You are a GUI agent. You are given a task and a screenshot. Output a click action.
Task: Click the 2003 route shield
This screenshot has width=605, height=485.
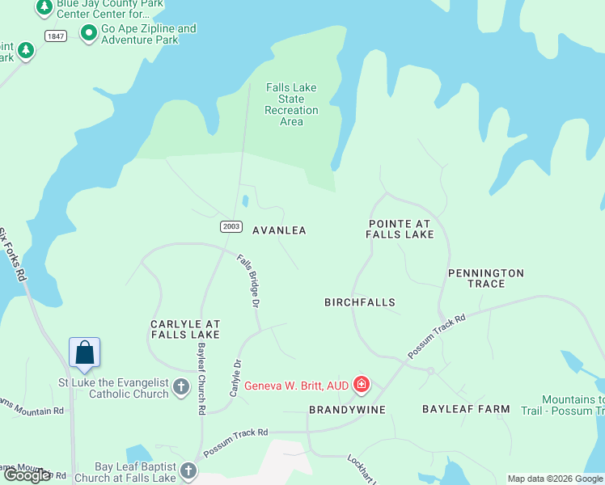(231, 227)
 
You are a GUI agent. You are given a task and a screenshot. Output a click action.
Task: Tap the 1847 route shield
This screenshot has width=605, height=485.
(56, 36)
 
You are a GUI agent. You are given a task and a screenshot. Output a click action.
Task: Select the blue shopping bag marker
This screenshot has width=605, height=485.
(85, 352)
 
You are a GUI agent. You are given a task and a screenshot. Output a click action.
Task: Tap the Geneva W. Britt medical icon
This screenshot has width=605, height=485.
(361, 385)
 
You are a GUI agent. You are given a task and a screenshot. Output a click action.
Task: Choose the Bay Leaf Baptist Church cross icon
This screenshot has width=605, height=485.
(188, 470)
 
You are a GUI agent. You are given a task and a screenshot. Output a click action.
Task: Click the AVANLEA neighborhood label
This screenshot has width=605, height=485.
(279, 230)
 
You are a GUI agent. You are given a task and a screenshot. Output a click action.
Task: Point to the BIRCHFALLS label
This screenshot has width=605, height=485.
(360, 302)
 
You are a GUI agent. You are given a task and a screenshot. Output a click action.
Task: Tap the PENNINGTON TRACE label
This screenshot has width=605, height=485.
(486, 278)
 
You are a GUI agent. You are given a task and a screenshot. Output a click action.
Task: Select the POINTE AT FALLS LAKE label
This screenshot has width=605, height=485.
(400, 229)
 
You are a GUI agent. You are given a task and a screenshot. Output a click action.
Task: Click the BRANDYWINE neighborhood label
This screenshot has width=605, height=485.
(347, 410)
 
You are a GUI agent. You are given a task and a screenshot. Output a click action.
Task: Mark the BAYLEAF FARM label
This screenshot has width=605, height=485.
(466, 409)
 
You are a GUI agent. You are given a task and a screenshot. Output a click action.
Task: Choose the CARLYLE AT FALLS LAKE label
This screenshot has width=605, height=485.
(185, 329)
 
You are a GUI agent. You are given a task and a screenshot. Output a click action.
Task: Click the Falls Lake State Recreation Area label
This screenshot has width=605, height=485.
(291, 104)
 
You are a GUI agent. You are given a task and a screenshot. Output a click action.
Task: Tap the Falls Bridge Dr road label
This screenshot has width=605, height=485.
(248, 281)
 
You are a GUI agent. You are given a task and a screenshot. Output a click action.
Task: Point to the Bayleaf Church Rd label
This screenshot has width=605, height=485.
(201, 377)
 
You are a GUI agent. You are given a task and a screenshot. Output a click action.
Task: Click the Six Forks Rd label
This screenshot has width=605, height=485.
(13, 255)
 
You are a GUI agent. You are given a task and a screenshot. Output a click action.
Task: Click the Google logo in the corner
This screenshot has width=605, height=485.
(27, 475)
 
